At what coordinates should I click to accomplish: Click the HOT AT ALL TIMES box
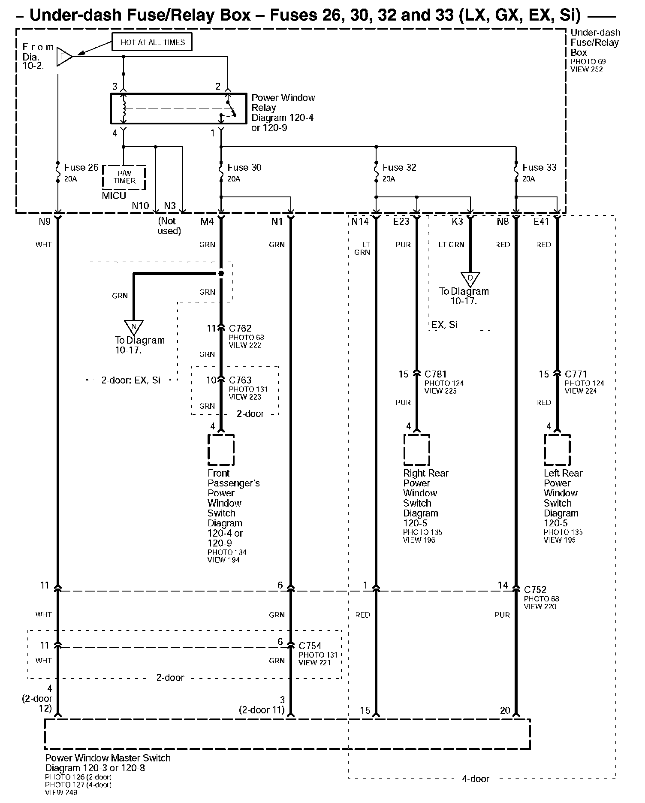coord(152,42)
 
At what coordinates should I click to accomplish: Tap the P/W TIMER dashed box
coord(124,177)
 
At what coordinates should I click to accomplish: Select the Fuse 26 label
coord(81,167)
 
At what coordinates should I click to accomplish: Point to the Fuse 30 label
coord(244,167)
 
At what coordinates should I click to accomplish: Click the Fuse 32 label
coord(399,167)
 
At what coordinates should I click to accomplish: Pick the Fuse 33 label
coord(540,167)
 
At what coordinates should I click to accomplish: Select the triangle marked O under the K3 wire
coord(470,279)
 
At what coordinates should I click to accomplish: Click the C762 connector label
coord(240,328)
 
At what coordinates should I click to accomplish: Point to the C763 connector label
coord(240,380)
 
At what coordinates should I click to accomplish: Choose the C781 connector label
coord(436,374)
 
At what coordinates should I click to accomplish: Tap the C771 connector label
coord(576,374)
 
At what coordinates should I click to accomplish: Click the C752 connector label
coord(535,590)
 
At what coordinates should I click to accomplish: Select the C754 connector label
coord(310,646)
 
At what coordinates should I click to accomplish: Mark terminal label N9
coord(45,221)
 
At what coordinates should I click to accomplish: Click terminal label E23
coord(401,221)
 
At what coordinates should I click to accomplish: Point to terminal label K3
coord(458,221)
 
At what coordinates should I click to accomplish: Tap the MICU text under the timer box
coord(114,196)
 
